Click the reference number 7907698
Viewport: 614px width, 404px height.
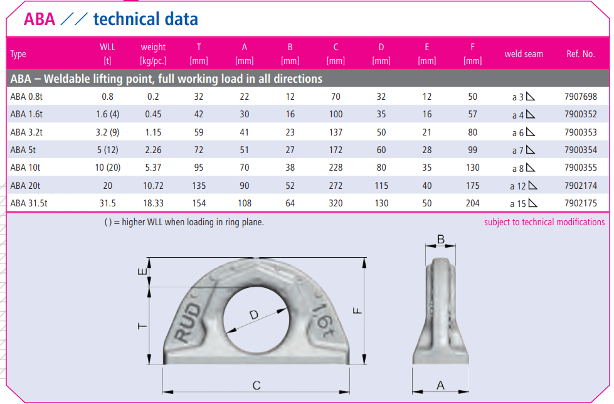tap(580, 97)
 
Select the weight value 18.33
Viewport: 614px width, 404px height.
tap(153, 203)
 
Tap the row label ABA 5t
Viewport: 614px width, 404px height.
tap(23, 150)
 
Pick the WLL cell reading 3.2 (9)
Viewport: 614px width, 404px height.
tap(107, 132)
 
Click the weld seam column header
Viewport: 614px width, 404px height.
tap(524, 54)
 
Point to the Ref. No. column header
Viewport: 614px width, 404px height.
tap(580, 54)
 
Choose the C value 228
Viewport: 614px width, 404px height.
tap(336, 167)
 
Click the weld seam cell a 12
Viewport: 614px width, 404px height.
tap(524, 185)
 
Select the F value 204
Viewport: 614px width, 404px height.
tap(473, 203)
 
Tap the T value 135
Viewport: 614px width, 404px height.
tap(199, 185)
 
